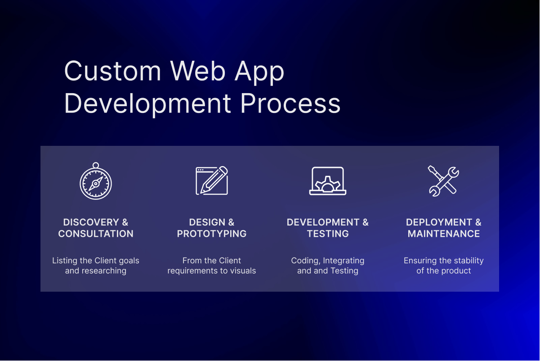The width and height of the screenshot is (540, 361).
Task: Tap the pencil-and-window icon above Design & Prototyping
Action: tap(212, 180)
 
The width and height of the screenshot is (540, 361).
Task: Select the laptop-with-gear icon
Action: tap(328, 181)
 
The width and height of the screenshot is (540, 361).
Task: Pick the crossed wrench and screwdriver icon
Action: tap(443, 180)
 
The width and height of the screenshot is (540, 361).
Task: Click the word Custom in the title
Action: tap(113, 71)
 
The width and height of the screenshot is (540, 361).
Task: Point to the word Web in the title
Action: tap(197, 71)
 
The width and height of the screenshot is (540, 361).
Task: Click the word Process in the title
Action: tap(290, 104)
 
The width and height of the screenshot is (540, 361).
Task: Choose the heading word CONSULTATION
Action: tap(96, 234)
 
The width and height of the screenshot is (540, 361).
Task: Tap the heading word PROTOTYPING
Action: tap(212, 234)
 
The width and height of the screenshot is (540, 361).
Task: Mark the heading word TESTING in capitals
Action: tap(328, 234)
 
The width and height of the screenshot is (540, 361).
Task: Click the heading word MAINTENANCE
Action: tap(444, 234)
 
